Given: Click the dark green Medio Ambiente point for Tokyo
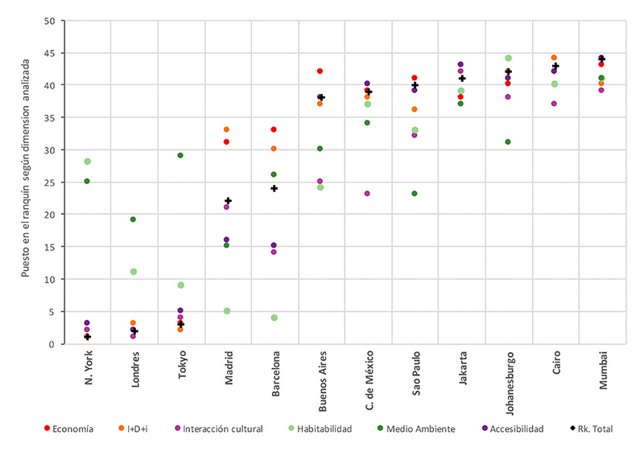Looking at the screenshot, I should point(180,155).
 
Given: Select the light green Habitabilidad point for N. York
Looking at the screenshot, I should point(87,162).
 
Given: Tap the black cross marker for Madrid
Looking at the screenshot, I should point(228,201).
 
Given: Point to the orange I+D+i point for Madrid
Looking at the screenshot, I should point(227,129).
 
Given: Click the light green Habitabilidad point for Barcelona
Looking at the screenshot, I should point(275,318).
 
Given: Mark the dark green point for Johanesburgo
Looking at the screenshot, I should point(508,142).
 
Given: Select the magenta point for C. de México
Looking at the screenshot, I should point(367,194).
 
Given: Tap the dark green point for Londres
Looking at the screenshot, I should point(134,219).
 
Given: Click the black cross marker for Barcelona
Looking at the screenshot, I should point(275,188).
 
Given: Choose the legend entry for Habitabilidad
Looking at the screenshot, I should point(318,429).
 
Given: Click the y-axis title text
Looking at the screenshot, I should point(26,182).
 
